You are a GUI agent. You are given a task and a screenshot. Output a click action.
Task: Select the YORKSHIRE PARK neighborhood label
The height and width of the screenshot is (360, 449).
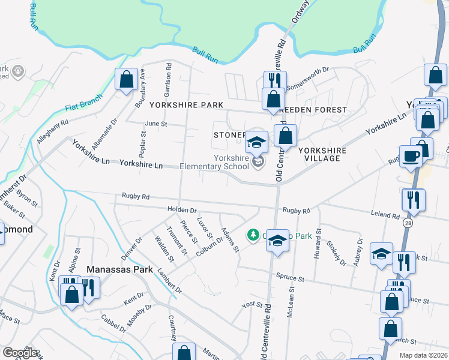[x=186, y=104]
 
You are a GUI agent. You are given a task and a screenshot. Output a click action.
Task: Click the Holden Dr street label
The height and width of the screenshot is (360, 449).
[x=182, y=210]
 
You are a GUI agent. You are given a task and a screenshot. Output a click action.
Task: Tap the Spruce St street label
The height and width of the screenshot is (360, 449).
[x=291, y=277]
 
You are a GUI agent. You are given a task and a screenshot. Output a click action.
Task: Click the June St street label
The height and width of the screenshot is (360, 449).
[x=155, y=124]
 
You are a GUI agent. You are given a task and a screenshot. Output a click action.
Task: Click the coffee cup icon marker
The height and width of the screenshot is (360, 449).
[x=412, y=157]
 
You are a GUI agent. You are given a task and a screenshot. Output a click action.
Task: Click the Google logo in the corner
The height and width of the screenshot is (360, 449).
[x=20, y=353]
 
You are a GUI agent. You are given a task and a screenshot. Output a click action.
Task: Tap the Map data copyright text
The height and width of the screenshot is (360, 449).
[x=423, y=355]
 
